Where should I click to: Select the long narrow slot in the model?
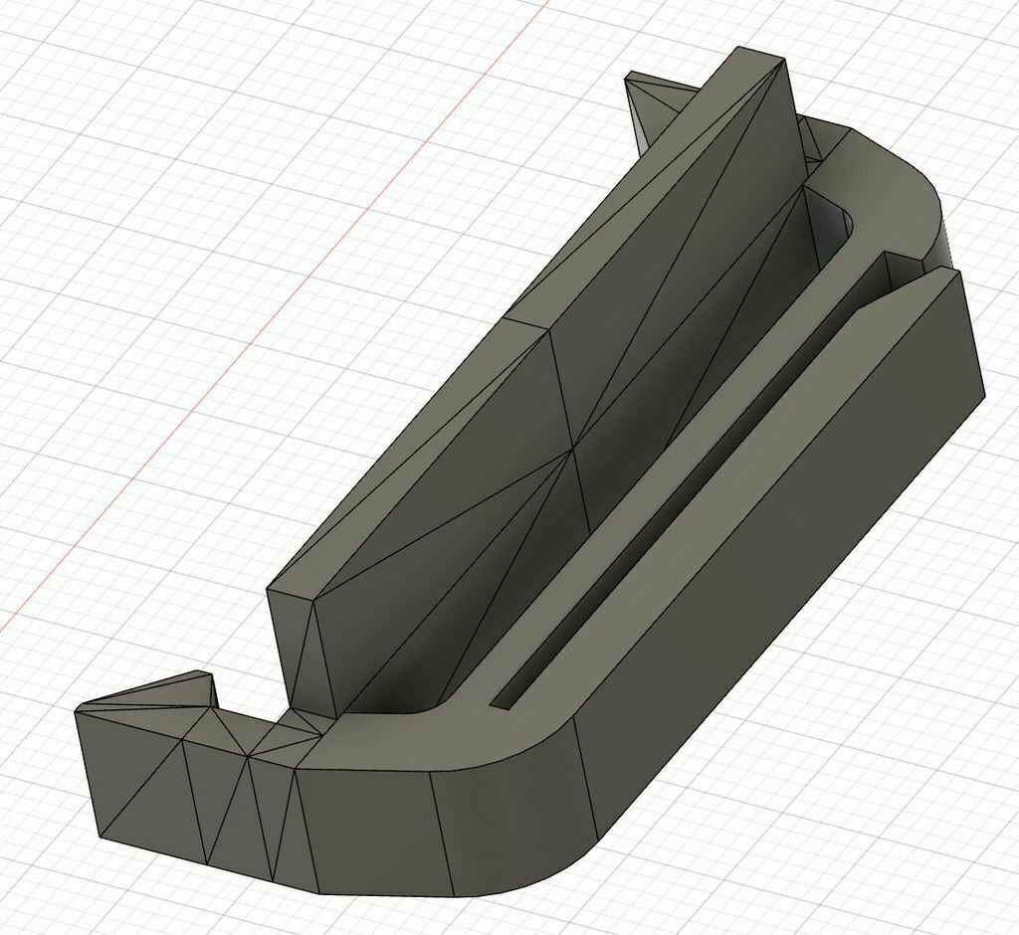[677, 517]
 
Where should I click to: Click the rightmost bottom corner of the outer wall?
[985, 394]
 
